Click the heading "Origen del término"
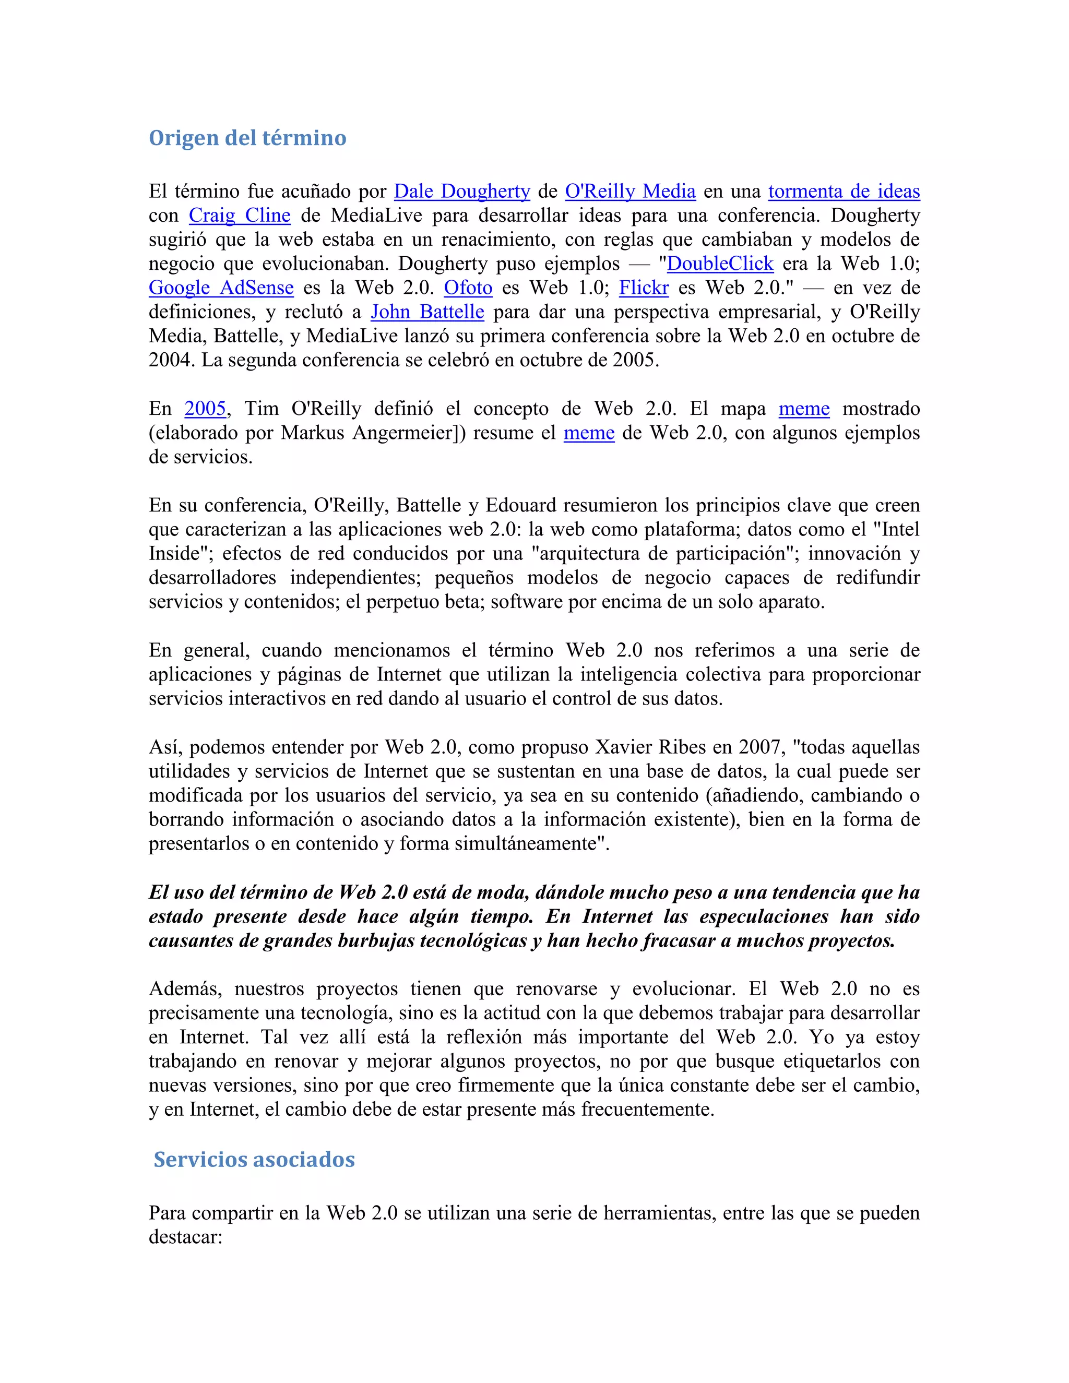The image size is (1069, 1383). click(x=247, y=138)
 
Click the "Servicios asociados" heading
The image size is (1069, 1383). click(x=254, y=1160)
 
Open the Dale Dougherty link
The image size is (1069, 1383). click(x=461, y=191)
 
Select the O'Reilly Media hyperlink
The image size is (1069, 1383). click(x=630, y=191)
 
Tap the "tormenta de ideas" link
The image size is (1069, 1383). click(x=844, y=191)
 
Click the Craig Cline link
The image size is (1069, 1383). click(x=240, y=216)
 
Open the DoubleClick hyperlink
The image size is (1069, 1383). click(x=720, y=264)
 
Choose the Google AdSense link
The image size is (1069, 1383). click(x=221, y=288)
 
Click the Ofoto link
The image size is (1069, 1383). click(x=468, y=288)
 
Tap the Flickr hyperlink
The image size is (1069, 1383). click(x=644, y=288)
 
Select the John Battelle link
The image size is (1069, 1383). click(x=427, y=312)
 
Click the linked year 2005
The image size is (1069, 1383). click(x=205, y=409)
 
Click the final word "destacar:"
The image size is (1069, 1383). click(x=185, y=1237)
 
